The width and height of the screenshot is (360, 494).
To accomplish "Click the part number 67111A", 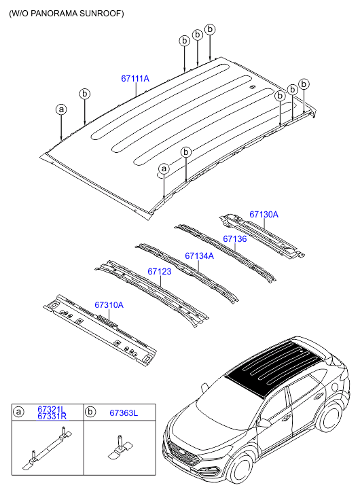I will (135, 79).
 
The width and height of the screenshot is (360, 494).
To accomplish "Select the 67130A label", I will (264, 215).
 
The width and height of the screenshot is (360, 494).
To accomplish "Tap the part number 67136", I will (234, 239).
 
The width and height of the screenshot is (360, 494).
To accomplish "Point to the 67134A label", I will (199, 256).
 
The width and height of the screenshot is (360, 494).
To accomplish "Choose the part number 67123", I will (159, 272).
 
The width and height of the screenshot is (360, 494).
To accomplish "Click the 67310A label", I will (109, 305).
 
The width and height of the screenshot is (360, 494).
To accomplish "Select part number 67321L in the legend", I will (51, 410).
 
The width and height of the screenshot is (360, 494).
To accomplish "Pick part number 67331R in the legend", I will (51, 417).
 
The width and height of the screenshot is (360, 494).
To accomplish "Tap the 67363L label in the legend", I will (124, 412).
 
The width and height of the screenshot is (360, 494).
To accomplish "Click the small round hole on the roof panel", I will (251, 88).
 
